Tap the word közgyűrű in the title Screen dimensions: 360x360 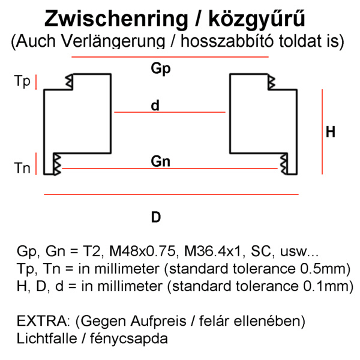(x=257, y=19)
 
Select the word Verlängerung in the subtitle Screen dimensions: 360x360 (x=113, y=41)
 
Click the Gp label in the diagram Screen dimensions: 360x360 (x=160, y=69)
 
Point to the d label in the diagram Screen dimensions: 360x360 (x=155, y=106)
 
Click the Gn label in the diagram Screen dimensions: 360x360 (x=160, y=161)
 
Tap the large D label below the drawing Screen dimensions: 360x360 (x=156, y=217)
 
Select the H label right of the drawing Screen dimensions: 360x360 (x=331, y=133)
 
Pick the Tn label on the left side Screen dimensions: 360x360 (x=22, y=168)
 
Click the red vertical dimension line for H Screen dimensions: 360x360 (x=323, y=132)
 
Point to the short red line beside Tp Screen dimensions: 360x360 (x=37, y=82)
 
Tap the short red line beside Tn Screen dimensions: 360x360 (x=37, y=163)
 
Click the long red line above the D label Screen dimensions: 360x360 (x=171, y=195)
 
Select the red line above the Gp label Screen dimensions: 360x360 (x=170, y=57)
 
